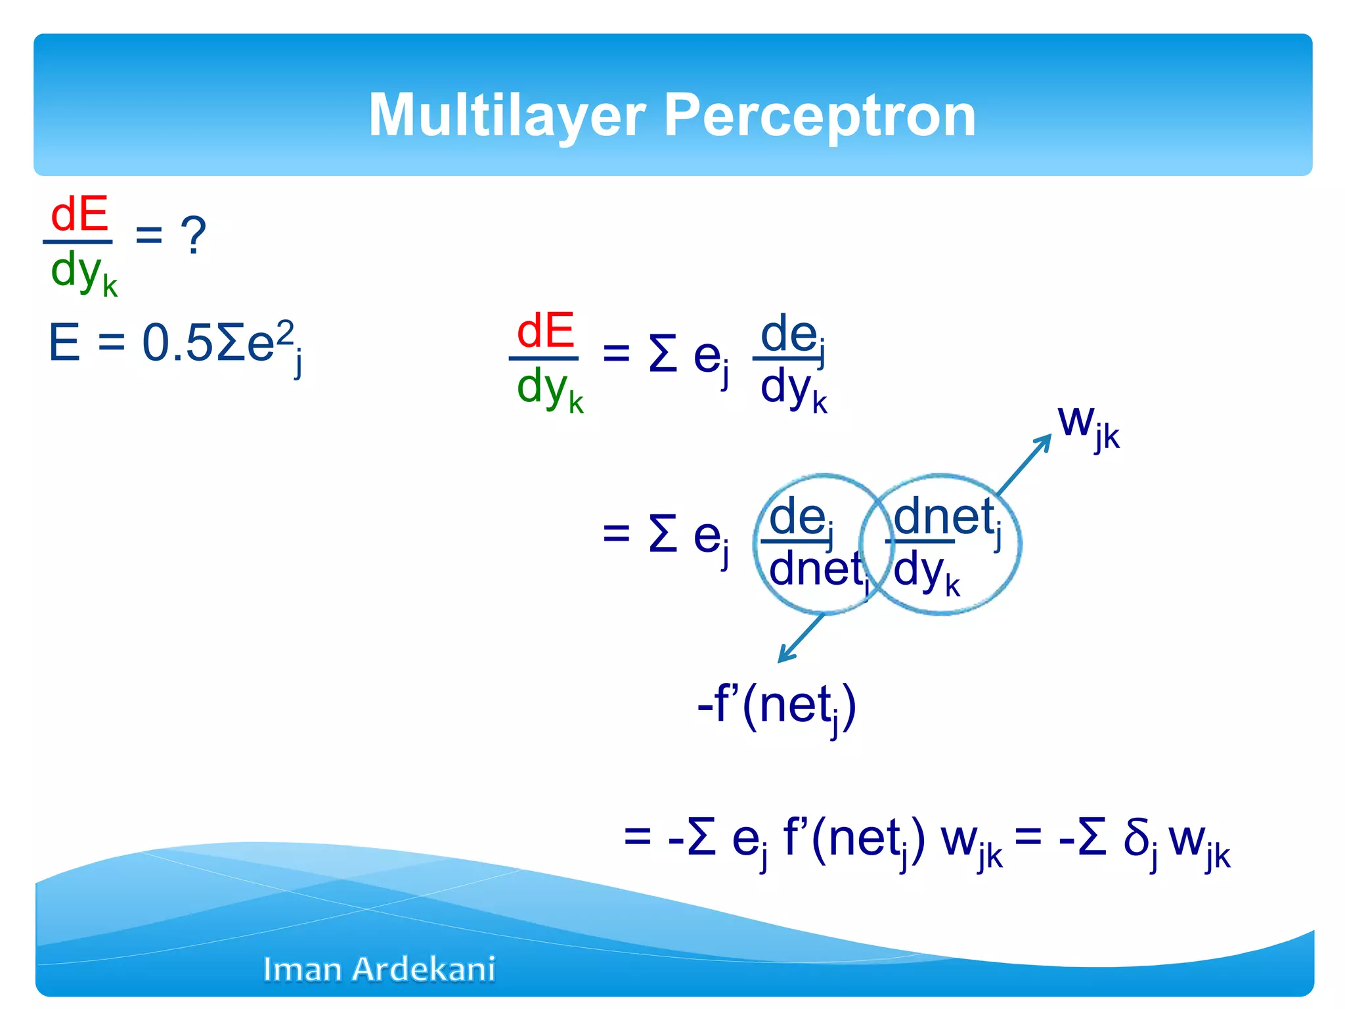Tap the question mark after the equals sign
[193, 235]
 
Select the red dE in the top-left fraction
[79, 214]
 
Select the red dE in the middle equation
[544, 331]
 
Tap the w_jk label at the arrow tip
[1088, 425]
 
